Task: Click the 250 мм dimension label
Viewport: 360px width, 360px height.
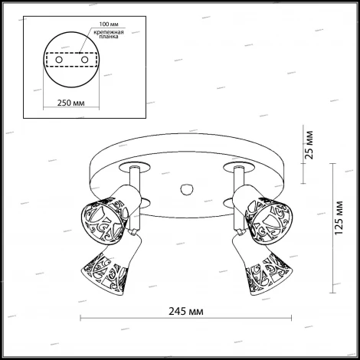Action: pyautogui.click(x=70, y=103)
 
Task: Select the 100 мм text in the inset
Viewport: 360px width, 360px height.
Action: pyautogui.click(x=109, y=25)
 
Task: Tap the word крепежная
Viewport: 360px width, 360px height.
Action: pyautogui.click(x=109, y=32)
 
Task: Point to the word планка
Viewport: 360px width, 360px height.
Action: pyautogui.click(x=109, y=37)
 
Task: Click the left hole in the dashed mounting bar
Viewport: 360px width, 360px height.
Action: pyautogui.click(x=59, y=60)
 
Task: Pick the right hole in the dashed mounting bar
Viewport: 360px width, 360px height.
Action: pyautogui.click(x=84, y=60)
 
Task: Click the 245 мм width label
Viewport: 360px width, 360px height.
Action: pyautogui.click(x=186, y=312)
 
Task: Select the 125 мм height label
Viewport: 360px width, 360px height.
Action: pyautogui.click(x=339, y=218)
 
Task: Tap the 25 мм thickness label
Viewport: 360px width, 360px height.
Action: pyautogui.click(x=309, y=145)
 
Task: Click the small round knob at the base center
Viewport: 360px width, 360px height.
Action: pyautogui.click(x=187, y=189)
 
